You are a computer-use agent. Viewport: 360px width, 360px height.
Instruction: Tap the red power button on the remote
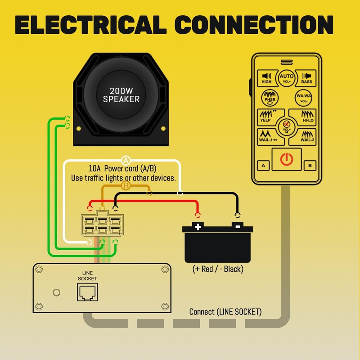(287, 159)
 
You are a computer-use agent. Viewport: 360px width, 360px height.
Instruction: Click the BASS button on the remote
(306, 78)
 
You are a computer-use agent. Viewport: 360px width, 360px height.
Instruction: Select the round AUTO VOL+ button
(287, 78)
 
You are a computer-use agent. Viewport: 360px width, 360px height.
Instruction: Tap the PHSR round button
(270, 98)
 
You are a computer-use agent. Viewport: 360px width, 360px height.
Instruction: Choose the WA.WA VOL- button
(303, 98)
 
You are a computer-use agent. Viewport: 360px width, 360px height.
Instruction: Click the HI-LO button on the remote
(303, 117)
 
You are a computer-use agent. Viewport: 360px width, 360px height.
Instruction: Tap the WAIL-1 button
(270, 137)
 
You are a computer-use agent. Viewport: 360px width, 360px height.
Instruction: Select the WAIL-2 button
(303, 137)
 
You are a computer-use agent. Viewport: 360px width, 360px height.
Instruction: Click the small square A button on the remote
(263, 166)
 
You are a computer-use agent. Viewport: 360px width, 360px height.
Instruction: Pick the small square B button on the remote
(310, 166)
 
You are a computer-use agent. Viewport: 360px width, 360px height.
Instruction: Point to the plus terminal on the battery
(198, 226)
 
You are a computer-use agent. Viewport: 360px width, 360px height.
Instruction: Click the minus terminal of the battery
(238, 226)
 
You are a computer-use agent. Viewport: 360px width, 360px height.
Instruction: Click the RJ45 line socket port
(87, 292)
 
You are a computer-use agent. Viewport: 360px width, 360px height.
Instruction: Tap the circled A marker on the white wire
(126, 160)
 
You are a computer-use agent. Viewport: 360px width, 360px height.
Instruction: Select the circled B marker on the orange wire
(126, 185)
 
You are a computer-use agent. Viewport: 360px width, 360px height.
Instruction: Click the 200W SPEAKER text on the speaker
(121, 95)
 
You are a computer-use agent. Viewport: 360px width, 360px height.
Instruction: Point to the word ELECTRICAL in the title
(91, 25)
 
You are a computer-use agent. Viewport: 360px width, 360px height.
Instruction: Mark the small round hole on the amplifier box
(57, 292)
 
